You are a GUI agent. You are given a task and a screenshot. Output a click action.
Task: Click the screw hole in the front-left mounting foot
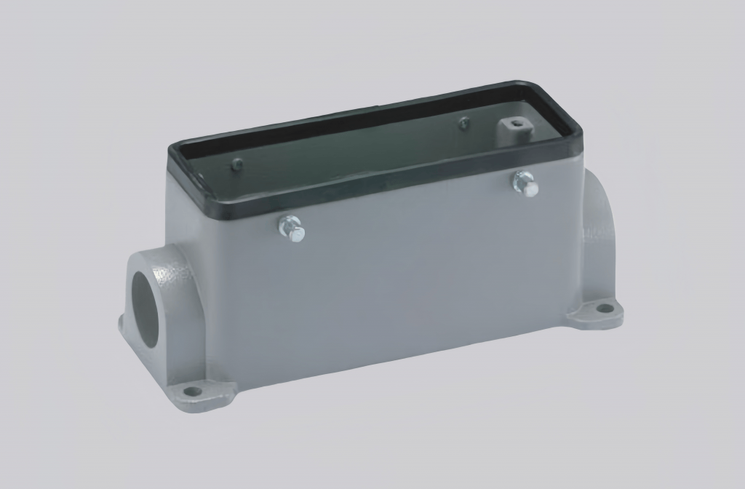[192, 391]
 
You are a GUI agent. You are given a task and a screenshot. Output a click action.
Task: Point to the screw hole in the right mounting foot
[603, 309]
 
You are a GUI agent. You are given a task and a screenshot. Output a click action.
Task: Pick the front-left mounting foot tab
[196, 393]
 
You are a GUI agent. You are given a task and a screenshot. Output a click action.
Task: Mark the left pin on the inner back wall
[236, 165]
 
